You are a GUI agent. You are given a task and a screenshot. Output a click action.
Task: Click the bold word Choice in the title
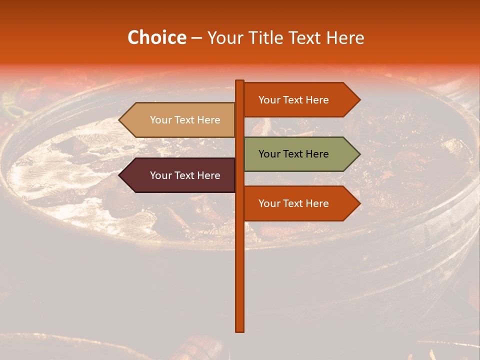coord(156,37)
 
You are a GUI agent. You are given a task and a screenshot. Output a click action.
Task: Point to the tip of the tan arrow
coord(120,120)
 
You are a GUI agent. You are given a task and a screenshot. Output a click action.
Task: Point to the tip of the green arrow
coord(359,154)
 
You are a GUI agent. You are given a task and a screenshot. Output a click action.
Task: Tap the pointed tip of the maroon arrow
coord(120,175)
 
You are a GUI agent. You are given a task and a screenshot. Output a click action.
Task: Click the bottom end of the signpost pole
coord(240,330)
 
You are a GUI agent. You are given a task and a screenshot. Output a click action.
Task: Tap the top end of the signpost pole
coord(240,81)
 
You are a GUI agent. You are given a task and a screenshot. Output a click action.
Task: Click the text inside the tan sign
coord(185,120)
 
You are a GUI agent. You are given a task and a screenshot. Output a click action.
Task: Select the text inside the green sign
coord(293,154)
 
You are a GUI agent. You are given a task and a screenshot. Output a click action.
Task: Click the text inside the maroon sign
coord(185,175)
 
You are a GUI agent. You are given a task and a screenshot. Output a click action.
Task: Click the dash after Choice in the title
coord(196,38)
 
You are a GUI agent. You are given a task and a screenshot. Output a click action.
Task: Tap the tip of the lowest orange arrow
coord(359,203)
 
